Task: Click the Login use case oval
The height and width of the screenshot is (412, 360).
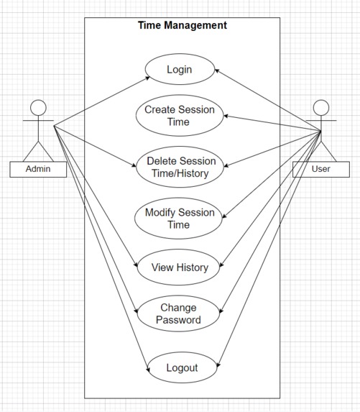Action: pos(180,70)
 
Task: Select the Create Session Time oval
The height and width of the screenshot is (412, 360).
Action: pos(180,116)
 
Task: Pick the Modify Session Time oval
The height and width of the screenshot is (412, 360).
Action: pos(180,219)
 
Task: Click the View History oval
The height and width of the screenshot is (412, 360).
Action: pos(180,267)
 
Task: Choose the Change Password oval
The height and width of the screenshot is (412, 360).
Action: pos(179,314)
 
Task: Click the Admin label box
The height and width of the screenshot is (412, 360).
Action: pos(39,170)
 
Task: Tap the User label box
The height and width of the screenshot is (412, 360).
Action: pos(321,170)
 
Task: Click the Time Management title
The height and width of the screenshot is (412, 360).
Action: pos(183,25)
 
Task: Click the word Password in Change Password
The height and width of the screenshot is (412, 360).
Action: pos(179,321)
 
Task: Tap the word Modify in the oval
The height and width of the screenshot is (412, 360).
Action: pos(162,212)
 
